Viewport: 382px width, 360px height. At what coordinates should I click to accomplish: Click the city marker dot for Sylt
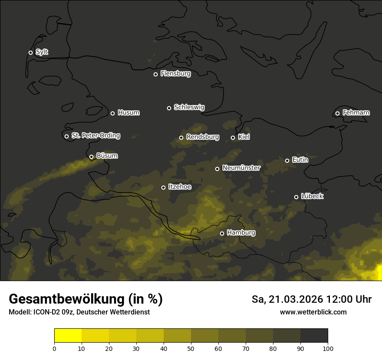pos(30,52)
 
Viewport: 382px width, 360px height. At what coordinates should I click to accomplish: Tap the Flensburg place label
pos(175,74)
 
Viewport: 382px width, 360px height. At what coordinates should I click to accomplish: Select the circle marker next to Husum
pos(112,113)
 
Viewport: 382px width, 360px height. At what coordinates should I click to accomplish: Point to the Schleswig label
pos(189,107)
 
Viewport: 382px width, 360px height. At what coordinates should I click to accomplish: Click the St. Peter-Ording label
pos(95,136)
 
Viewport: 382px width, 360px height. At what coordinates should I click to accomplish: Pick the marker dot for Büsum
pos(91,157)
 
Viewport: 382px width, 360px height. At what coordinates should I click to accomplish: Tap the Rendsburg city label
pos(202,137)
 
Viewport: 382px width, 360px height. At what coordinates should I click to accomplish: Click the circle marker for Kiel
pos(233,137)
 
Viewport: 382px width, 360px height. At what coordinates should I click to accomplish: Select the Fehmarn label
pos(356,113)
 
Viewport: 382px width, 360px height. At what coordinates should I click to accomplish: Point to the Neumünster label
pos(241,168)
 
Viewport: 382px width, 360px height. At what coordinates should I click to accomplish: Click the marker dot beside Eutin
pos(287,160)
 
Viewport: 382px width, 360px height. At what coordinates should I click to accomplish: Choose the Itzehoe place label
pos(179,187)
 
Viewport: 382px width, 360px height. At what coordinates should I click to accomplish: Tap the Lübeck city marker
pos(296,197)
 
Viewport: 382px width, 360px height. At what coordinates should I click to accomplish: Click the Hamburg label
pos(241,233)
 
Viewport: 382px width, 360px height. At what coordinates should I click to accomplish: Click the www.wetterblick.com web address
pos(313,312)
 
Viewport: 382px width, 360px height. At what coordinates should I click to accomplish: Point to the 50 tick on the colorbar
pos(191,348)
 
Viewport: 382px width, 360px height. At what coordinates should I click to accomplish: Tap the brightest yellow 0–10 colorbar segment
pos(68,335)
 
